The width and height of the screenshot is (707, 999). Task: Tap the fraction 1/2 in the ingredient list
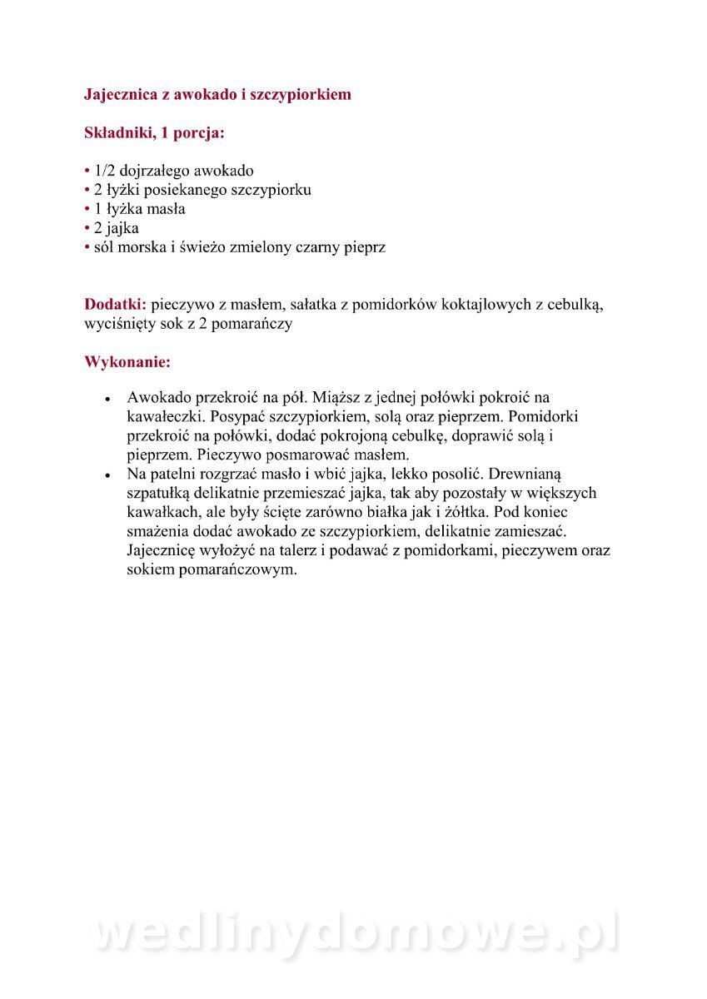[107, 171]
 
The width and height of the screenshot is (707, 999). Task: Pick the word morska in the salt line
[144, 247]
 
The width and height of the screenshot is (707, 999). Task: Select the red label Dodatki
[115, 305]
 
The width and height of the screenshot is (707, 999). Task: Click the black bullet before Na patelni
[107, 475]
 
